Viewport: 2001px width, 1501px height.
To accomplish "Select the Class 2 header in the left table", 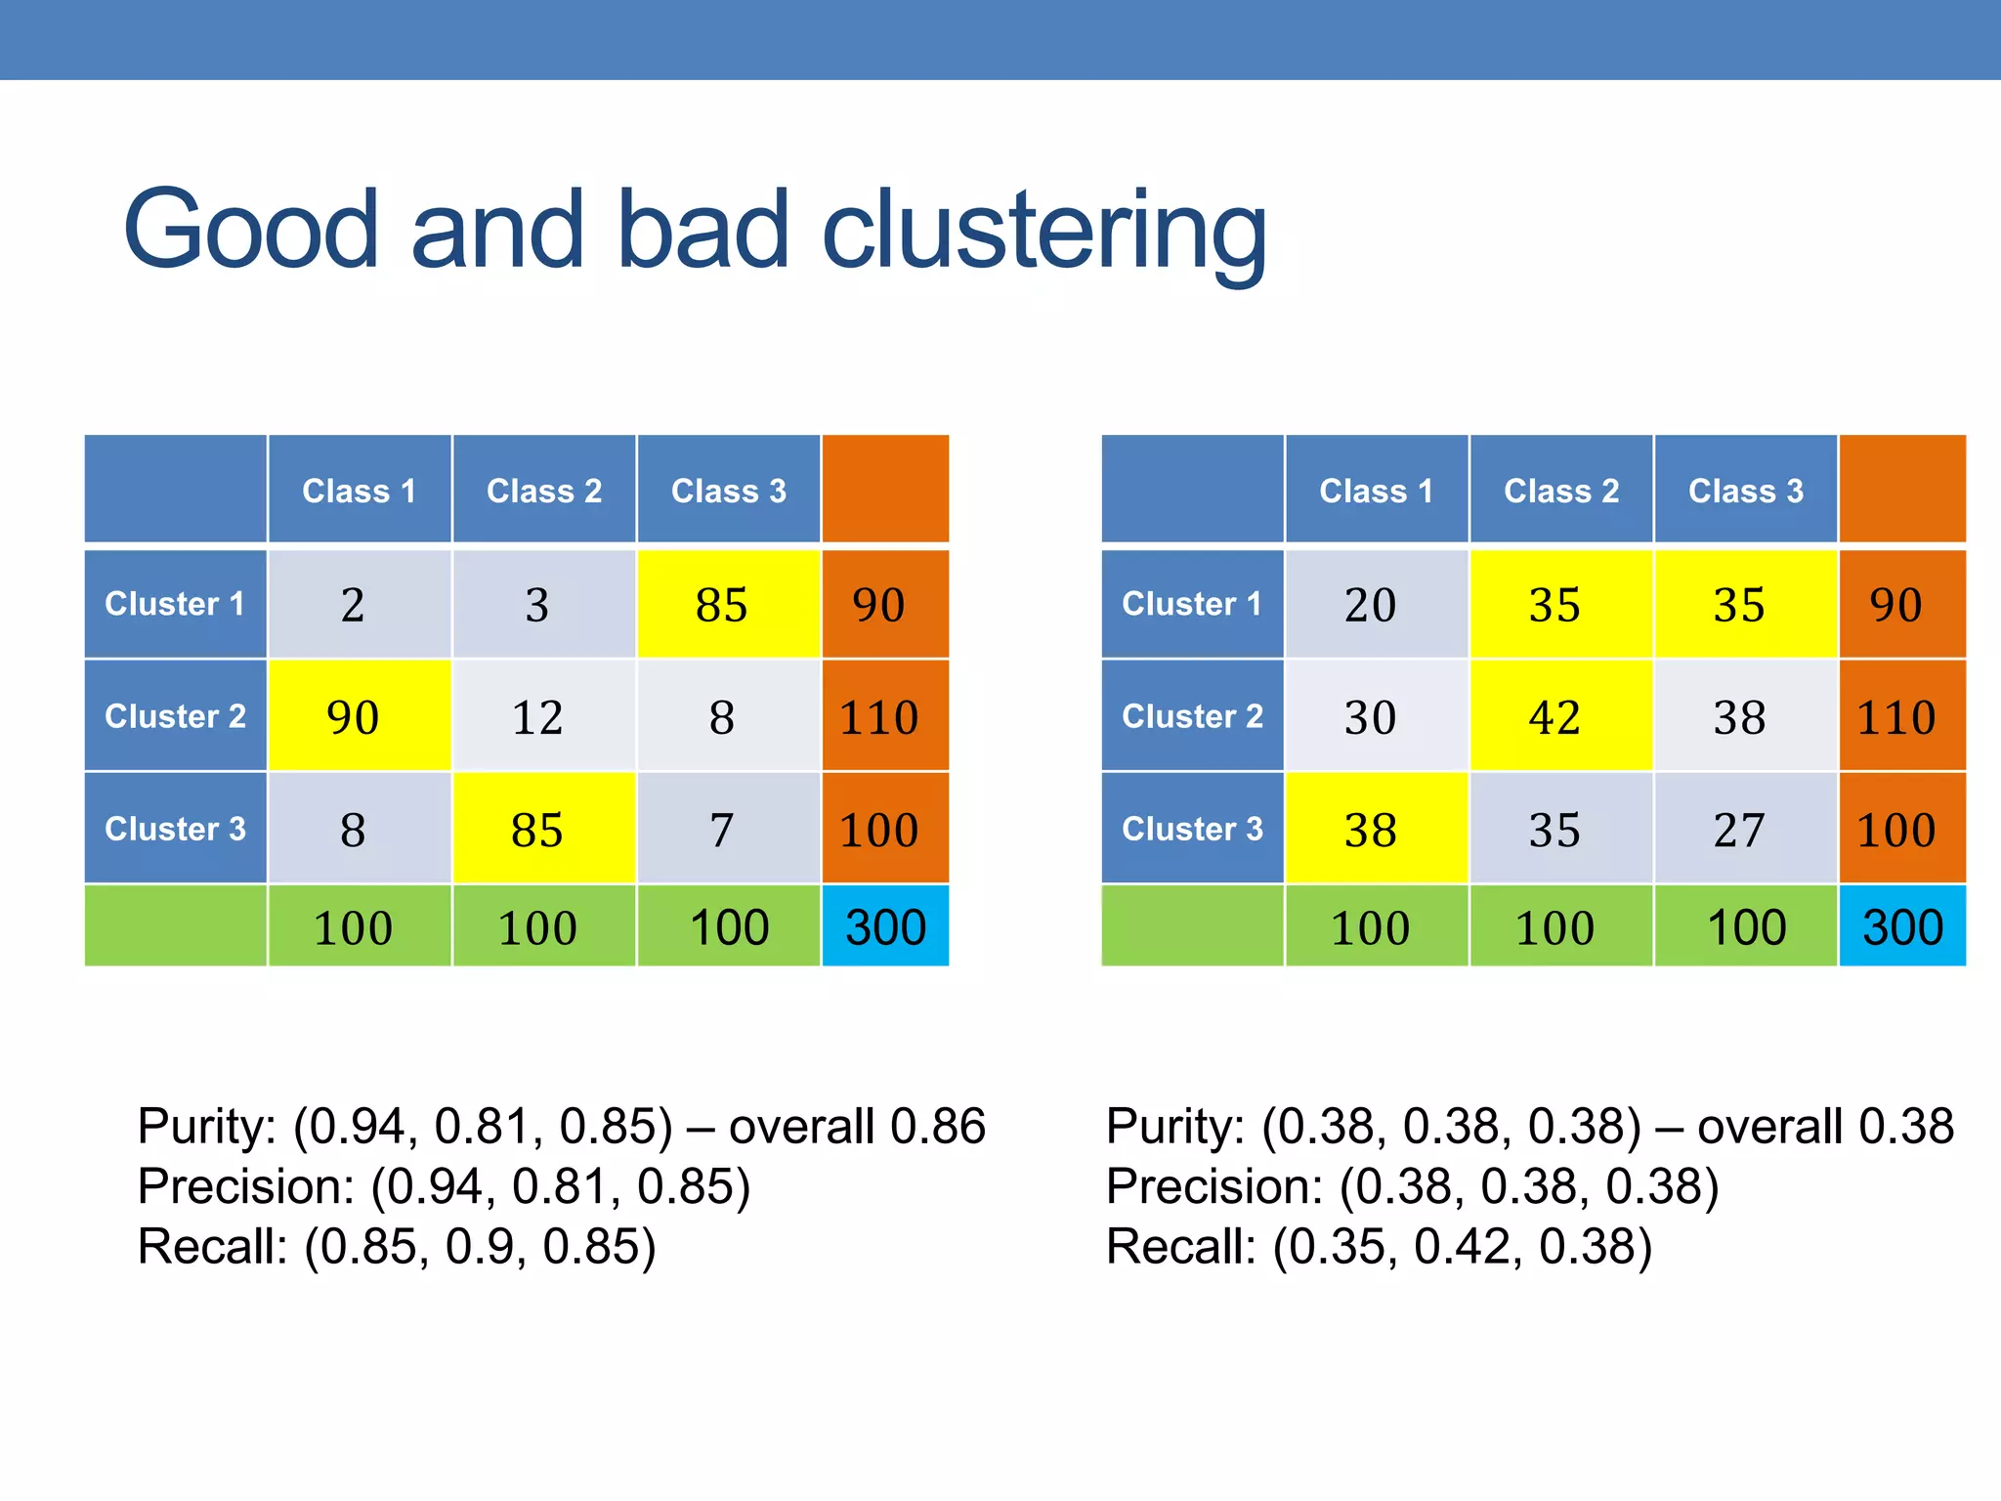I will click(x=543, y=491).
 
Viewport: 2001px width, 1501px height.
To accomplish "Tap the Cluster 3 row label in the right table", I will click(x=1191, y=829).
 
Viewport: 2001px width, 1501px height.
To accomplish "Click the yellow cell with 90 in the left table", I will click(x=353, y=717).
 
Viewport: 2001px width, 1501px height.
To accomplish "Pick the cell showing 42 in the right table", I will click(x=1554, y=717).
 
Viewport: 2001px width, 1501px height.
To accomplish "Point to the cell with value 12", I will click(x=537, y=717).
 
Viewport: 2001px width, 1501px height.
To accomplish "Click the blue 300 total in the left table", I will click(x=885, y=927).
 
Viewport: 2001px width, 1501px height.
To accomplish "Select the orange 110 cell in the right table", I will click(x=1895, y=717).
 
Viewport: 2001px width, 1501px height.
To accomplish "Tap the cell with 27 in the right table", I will click(x=1738, y=830).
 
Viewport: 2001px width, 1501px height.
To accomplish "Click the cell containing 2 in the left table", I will click(x=353, y=605).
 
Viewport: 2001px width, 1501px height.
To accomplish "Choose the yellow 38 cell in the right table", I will click(x=1370, y=830).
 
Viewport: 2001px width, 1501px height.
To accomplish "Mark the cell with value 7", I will click(x=721, y=830).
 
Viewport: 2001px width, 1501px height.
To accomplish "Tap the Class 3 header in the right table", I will click(x=1745, y=491).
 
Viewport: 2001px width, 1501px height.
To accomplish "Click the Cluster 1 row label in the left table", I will click(x=174, y=604).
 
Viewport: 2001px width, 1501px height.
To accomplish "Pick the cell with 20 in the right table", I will click(x=1370, y=605).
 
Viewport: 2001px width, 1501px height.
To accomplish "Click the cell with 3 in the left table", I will click(x=537, y=605).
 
